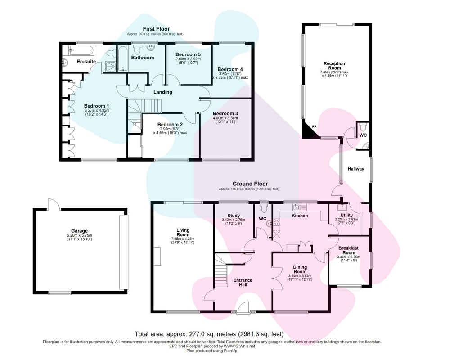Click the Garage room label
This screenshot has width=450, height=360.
(79, 231)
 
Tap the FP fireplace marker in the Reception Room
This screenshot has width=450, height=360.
(314, 126)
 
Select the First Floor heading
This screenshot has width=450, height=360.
(157, 29)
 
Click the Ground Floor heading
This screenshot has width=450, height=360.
(250, 184)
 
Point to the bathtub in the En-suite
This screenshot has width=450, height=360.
(81, 50)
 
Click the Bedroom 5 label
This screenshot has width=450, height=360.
(188, 54)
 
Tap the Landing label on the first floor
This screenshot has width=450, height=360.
(163, 92)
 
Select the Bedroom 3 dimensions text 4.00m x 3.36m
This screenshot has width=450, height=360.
(225, 118)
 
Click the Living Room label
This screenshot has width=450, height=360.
(183, 232)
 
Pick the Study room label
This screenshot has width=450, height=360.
(234, 216)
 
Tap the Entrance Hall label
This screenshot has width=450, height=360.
(243, 282)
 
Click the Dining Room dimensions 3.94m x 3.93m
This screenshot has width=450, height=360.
(300, 276)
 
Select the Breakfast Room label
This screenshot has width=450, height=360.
(348, 250)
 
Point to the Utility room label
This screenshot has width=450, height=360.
(346, 215)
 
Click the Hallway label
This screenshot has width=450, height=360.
(356, 169)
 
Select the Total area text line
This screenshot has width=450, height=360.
(209, 334)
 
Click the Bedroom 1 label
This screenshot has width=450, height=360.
(96, 106)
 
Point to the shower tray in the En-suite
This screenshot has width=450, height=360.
(111, 66)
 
